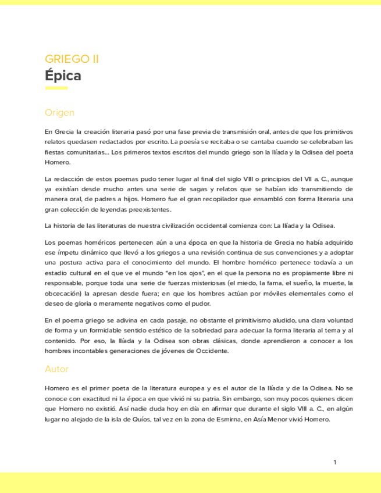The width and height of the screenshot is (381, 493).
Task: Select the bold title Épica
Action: pos(63,76)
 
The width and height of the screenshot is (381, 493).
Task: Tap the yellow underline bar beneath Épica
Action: pos(56,88)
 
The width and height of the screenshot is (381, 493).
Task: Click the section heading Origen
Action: pos(59,112)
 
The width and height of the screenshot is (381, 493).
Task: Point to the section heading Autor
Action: pos(56,369)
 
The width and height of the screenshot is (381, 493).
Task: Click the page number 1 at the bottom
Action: pos(335,462)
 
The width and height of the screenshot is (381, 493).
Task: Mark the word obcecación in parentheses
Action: pos(63,294)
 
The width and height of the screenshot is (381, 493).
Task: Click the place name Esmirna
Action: pos(220,419)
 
